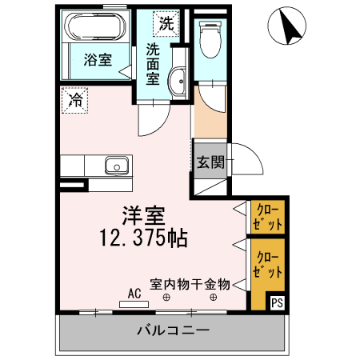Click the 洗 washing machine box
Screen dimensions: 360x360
[x=166, y=23]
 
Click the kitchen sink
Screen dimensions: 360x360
[x=116, y=166]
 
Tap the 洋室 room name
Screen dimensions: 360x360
[x=143, y=216]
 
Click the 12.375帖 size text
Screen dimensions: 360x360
[x=144, y=238]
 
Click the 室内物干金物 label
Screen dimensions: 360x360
[x=190, y=284]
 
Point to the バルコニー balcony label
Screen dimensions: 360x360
[x=173, y=330]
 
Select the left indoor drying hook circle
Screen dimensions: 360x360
[x=166, y=298]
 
